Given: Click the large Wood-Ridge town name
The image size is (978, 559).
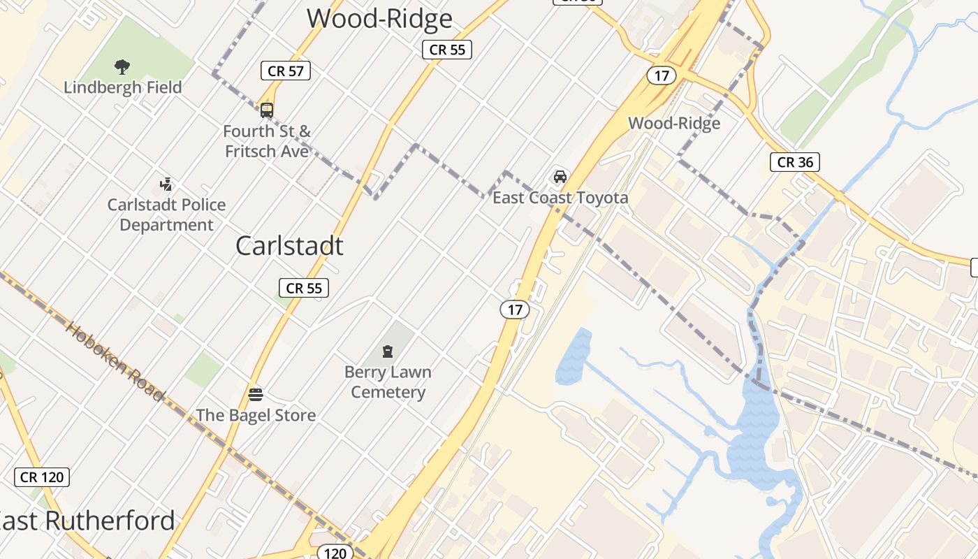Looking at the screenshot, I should tap(379, 18).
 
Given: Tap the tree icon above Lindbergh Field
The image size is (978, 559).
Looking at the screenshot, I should tap(122, 67).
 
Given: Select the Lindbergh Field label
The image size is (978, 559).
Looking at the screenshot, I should tap(122, 87).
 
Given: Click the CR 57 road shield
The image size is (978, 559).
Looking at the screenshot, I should tap(285, 71).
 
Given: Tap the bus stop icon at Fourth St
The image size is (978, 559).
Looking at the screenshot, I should tap(266, 110).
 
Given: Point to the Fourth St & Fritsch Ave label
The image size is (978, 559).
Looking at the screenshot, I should tap(266, 140).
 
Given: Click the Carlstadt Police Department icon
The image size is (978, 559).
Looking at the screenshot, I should tap(166, 184).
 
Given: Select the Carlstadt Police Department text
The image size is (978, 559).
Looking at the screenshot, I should tap(166, 215).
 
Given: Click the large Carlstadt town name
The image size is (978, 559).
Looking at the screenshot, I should tap(289, 245).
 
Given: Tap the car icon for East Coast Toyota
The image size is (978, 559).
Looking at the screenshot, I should tap(560, 176).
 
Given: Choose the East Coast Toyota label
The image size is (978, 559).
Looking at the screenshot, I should tap(560, 198).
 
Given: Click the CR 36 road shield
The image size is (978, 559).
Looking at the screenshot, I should tap(795, 162).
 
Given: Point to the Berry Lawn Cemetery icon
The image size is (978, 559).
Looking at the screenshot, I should tap(388, 351).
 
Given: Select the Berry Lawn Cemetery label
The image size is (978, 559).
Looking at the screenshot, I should tap(388, 382).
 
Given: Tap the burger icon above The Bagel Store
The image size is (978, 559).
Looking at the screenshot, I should tap(255, 394).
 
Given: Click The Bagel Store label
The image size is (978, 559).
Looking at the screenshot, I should tap(256, 415).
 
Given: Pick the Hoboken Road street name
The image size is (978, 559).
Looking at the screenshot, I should tap(115, 361).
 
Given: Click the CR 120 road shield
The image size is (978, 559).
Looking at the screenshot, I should tap(42, 477).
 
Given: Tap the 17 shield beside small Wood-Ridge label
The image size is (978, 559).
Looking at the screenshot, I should tap(661, 75).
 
